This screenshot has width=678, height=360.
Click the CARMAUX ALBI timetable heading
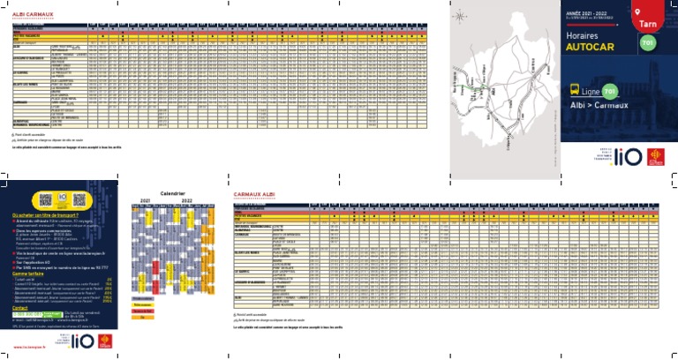[x=260, y=192]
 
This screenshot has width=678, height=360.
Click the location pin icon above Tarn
[x=652, y=11]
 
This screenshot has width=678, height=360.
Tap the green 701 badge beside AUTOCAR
[x=645, y=44]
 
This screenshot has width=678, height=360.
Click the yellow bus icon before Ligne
[x=575, y=90]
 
